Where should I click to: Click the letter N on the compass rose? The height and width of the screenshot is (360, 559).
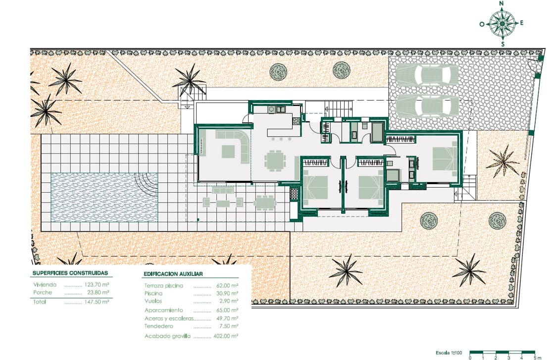tap(502, 3)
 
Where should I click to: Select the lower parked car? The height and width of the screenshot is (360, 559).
tap(428, 105)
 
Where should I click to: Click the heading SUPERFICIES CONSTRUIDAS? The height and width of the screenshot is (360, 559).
tap(70, 273)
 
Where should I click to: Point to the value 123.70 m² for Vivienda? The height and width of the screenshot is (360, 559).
tap(98, 285)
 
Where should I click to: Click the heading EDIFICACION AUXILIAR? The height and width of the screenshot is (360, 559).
tap(173, 274)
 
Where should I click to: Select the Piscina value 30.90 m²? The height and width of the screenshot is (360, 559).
tap(228, 294)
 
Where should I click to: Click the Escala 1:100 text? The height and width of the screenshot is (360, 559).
tap(449, 353)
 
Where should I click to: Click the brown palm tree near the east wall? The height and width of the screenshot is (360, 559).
tap(504, 161)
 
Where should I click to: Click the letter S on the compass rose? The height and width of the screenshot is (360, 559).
tap(503, 44)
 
